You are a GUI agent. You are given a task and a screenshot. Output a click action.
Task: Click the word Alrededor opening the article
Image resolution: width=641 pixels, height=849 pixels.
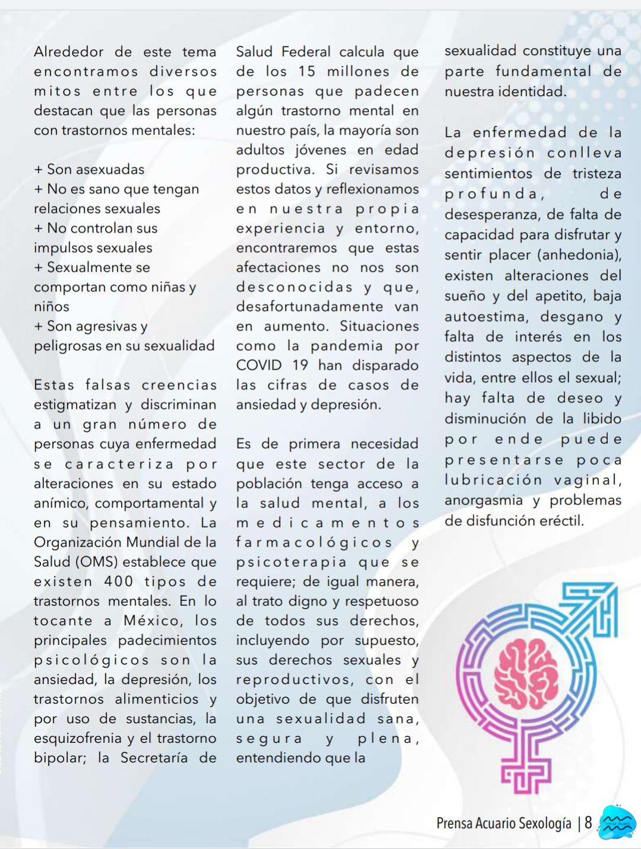[69, 52]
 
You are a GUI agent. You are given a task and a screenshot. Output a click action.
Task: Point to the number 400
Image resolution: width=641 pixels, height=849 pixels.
[119, 581]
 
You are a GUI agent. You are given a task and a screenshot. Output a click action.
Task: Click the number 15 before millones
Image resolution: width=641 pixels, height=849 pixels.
[306, 72]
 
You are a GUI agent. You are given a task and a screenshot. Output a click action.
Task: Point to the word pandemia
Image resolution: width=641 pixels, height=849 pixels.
[347, 346]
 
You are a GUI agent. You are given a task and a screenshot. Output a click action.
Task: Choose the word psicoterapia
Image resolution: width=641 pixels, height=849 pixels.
[291, 562]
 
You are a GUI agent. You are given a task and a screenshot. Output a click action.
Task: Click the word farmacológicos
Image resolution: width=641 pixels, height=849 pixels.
[314, 542]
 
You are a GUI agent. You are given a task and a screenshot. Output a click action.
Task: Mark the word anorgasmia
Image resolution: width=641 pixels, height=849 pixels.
[484, 501]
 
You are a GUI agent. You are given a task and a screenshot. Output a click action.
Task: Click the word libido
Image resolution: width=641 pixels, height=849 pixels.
[602, 419]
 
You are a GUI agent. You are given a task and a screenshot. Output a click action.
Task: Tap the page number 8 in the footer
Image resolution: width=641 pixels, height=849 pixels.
[588, 823]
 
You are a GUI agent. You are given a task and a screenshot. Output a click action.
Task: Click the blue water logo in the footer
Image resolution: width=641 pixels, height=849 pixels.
[617, 822]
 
